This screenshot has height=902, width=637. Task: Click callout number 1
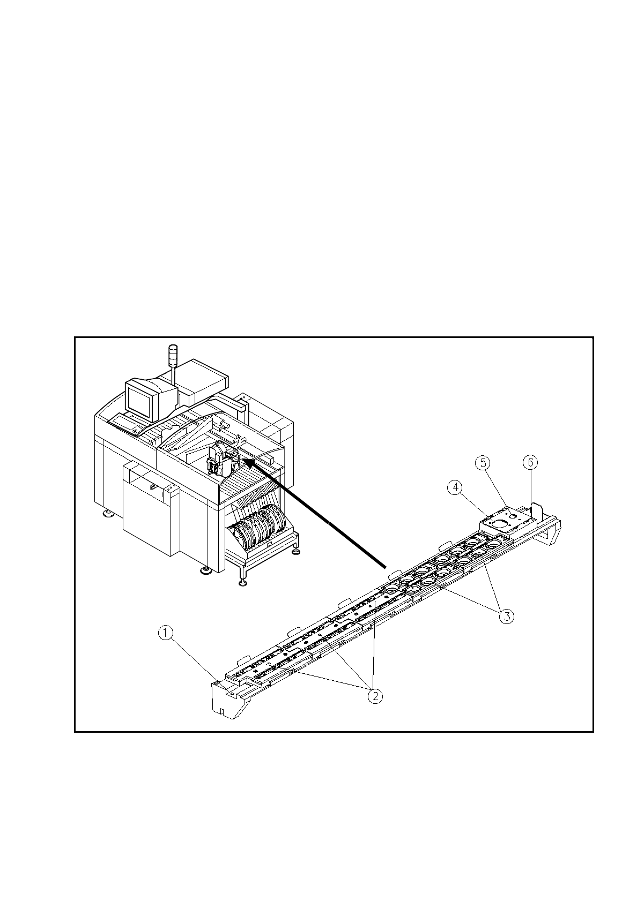click(166, 633)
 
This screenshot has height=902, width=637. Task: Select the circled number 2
click(375, 696)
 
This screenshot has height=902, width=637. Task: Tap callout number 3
click(507, 616)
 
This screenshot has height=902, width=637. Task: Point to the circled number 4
click(455, 487)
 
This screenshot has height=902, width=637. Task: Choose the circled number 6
click(530, 462)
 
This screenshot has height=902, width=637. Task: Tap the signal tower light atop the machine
click(173, 356)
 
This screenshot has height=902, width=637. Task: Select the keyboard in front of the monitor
click(127, 425)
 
